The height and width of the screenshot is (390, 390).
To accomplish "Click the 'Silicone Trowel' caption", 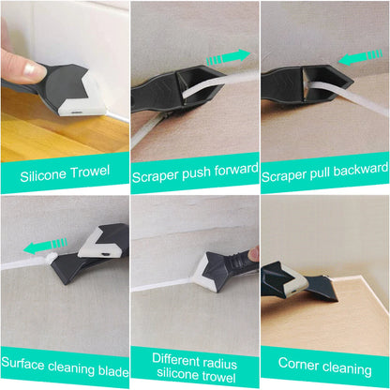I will click(x=64, y=173).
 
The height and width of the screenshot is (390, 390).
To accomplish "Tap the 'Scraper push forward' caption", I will click(x=194, y=173).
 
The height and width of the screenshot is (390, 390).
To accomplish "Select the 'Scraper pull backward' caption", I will click(x=324, y=173).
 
